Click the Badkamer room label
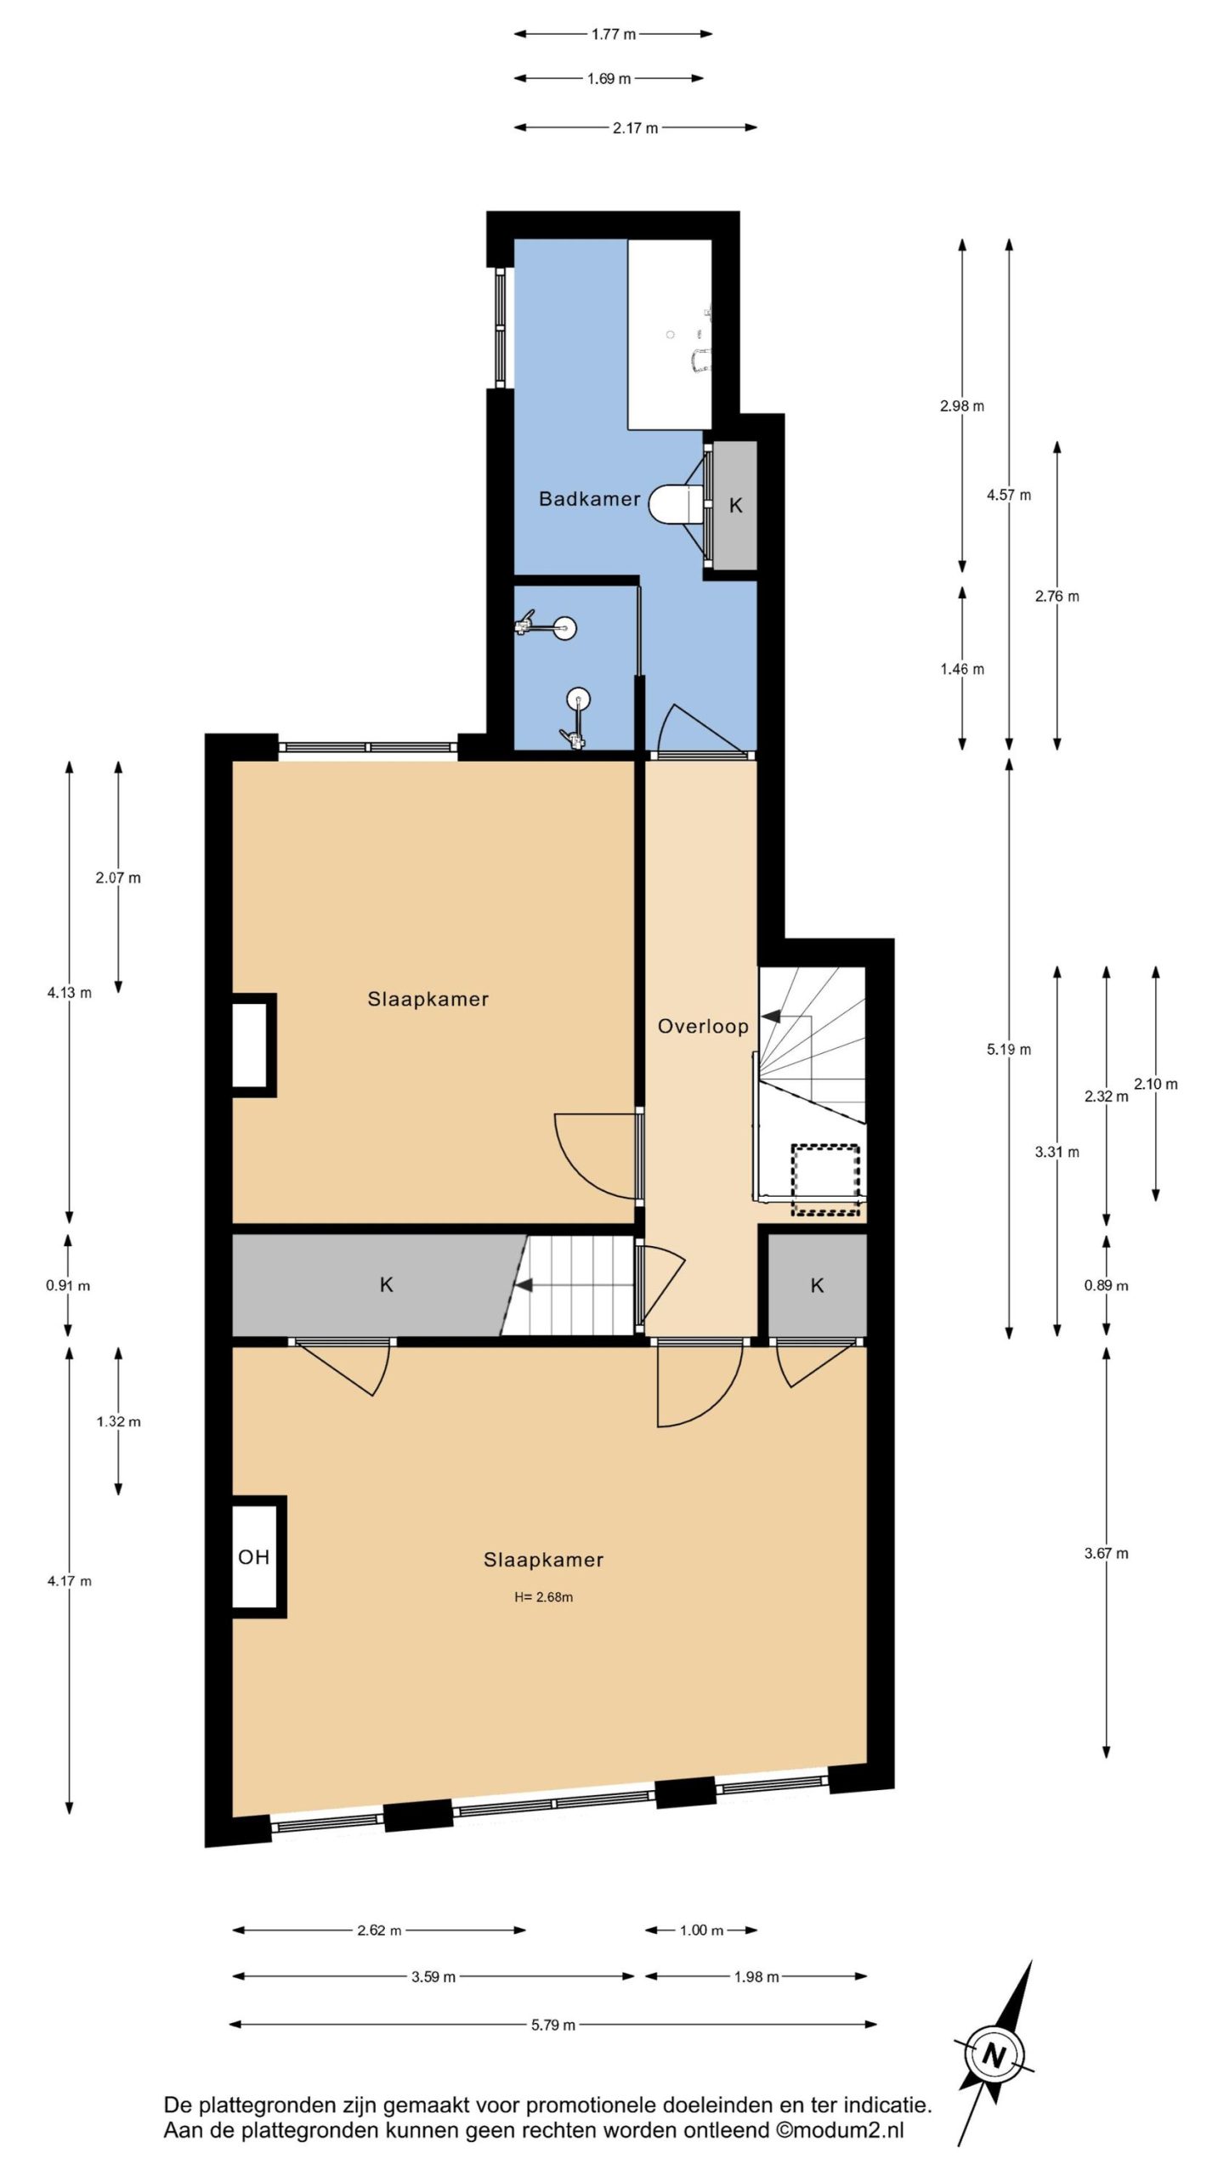tap(589, 499)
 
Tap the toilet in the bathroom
tap(677, 504)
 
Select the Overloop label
tap(703, 1026)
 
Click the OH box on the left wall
tap(255, 1556)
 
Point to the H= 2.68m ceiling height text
tap(543, 1597)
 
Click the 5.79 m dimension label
tap(553, 2025)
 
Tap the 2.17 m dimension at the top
tap(635, 128)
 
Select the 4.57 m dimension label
tap(1009, 495)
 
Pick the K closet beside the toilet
tap(735, 505)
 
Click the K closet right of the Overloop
tap(818, 1285)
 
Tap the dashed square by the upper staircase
tap(825, 1179)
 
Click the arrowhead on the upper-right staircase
tap(770, 1016)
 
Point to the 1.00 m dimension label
tap(701, 1930)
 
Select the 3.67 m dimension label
tap(1106, 1553)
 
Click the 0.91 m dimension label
tap(68, 1285)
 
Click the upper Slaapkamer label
tap(428, 999)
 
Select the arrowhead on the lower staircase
tap(524, 1285)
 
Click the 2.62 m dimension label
tap(379, 1930)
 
